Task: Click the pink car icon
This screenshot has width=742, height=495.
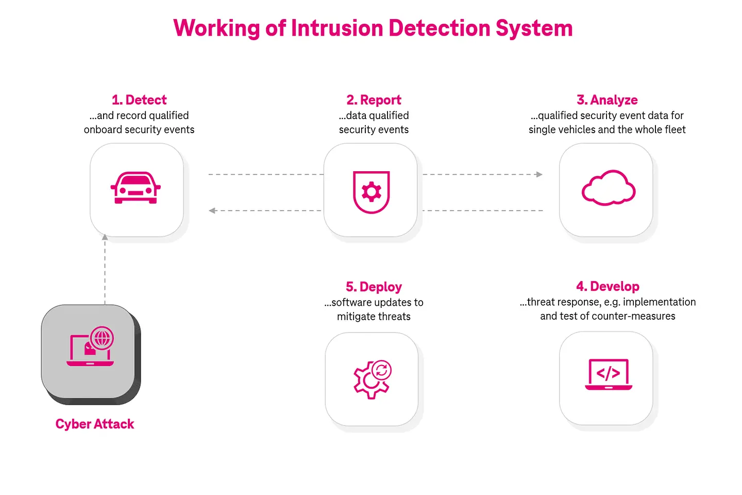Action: click(x=136, y=188)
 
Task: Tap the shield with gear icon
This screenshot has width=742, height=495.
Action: click(x=371, y=192)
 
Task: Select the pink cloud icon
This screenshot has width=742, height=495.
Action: click(x=608, y=188)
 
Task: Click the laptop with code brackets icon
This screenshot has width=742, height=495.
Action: click(x=608, y=374)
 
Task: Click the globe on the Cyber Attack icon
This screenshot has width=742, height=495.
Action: click(x=102, y=338)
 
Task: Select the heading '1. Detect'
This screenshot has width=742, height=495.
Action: click(x=139, y=100)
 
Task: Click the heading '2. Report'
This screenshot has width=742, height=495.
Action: click(x=374, y=100)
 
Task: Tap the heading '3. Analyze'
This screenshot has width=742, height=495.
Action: click(x=607, y=100)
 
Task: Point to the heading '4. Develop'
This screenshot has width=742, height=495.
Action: click(x=608, y=287)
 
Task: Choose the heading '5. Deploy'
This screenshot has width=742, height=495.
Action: click(x=374, y=287)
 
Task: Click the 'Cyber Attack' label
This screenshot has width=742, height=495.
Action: click(x=95, y=424)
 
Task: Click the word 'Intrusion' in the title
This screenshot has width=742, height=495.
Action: click(x=338, y=28)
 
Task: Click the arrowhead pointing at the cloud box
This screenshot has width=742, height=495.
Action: click(x=538, y=174)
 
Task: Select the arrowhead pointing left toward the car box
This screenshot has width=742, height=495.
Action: click(x=212, y=210)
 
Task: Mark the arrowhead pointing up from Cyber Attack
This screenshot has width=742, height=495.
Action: click(x=105, y=237)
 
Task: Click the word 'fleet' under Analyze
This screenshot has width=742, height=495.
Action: click(x=674, y=130)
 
